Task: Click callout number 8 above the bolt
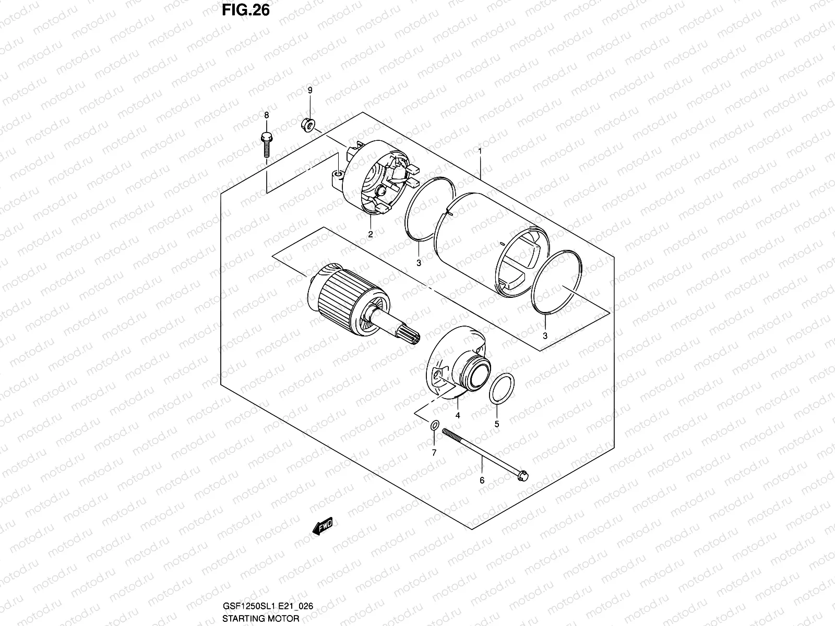[x=266, y=115]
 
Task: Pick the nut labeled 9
[x=307, y=124]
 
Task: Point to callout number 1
[x=480, y=151]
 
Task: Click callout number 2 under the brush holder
[x=370, y=234]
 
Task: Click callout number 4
[x=457, y=416]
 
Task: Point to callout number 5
[x=496, y=424]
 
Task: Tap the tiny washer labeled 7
[x=434, y=427]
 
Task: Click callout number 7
[x=433, y=452]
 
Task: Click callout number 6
[x=482, y=480]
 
